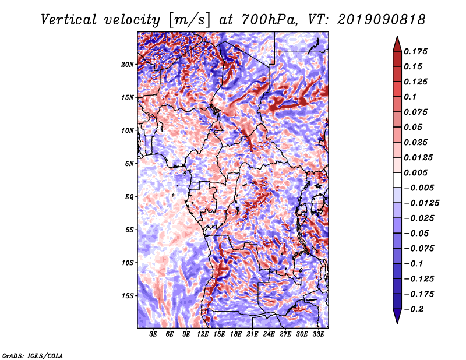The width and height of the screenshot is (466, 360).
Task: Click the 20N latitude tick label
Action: (x=128, y=65)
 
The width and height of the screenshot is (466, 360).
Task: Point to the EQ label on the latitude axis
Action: (x=129, y=197)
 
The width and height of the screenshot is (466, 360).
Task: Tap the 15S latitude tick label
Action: (x=128, y=296)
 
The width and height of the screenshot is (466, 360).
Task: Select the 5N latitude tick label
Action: (x=129, y=164)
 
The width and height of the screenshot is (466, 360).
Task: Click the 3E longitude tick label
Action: (x=153, y=334)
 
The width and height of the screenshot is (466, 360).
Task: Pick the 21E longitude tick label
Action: (x=252, y=334)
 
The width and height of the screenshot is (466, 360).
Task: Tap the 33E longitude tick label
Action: (x=318, y=334)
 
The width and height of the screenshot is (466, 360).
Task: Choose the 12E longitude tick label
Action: (x=203, y=334)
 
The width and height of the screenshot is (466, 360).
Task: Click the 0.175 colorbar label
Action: (x=415, y=51)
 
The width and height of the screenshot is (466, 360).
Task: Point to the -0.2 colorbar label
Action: (x=414, y=309)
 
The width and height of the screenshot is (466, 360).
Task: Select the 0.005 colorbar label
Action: (x=415, y=172)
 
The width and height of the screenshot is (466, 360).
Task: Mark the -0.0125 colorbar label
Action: (x=421, y=203)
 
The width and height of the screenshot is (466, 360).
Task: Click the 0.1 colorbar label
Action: (x=410, y=97)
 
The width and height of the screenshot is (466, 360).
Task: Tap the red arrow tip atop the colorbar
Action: (x=397, y=37)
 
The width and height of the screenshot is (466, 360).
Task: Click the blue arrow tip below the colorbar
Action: (x=397, y=323)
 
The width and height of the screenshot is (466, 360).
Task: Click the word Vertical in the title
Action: (x=69, y=20)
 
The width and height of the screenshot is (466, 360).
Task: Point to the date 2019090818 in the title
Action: (x=382, y=20)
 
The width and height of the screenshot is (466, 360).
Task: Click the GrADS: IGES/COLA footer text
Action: (x=33, y=356)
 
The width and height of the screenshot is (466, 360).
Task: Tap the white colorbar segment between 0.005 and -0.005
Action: (x=397, y=180)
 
